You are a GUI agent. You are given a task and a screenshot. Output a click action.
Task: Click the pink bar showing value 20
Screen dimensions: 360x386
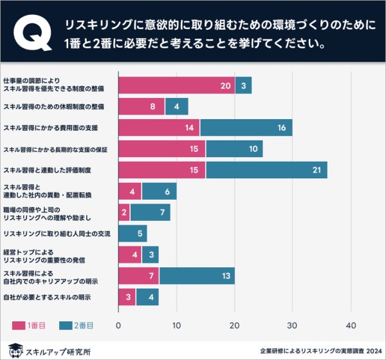click(x=176, y=85)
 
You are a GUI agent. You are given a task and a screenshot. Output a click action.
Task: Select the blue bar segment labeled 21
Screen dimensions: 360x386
click(x=266, y=169)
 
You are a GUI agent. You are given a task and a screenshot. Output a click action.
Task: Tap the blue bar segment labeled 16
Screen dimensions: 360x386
click(x=246, y=128)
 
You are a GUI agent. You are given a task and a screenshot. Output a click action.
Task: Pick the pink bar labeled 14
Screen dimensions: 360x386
click(x=159, y=128)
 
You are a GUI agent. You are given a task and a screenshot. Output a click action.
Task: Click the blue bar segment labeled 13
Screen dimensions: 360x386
click(x=197, y=276)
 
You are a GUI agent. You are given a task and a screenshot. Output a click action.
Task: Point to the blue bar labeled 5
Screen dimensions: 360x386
click(x=133, y=233)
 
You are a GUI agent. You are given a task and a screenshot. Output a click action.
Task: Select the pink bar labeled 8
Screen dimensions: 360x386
click(x=142, y=106)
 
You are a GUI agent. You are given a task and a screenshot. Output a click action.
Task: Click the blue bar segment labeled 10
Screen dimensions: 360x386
click(x=234, y=149)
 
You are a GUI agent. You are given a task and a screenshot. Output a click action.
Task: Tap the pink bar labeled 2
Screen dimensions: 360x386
click(x=124, y=212)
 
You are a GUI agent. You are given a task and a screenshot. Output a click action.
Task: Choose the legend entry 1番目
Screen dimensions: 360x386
click(x=29, y=325)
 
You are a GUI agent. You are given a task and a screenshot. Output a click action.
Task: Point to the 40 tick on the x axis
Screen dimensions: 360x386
click(x=351, y=325)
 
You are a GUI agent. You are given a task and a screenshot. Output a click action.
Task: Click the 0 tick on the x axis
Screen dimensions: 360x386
click(x=118, y=325)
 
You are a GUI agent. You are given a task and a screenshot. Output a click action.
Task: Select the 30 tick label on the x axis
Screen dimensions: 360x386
click(x=293, y=325)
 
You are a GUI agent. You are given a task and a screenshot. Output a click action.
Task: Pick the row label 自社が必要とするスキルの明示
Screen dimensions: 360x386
click(x=47, y=297)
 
